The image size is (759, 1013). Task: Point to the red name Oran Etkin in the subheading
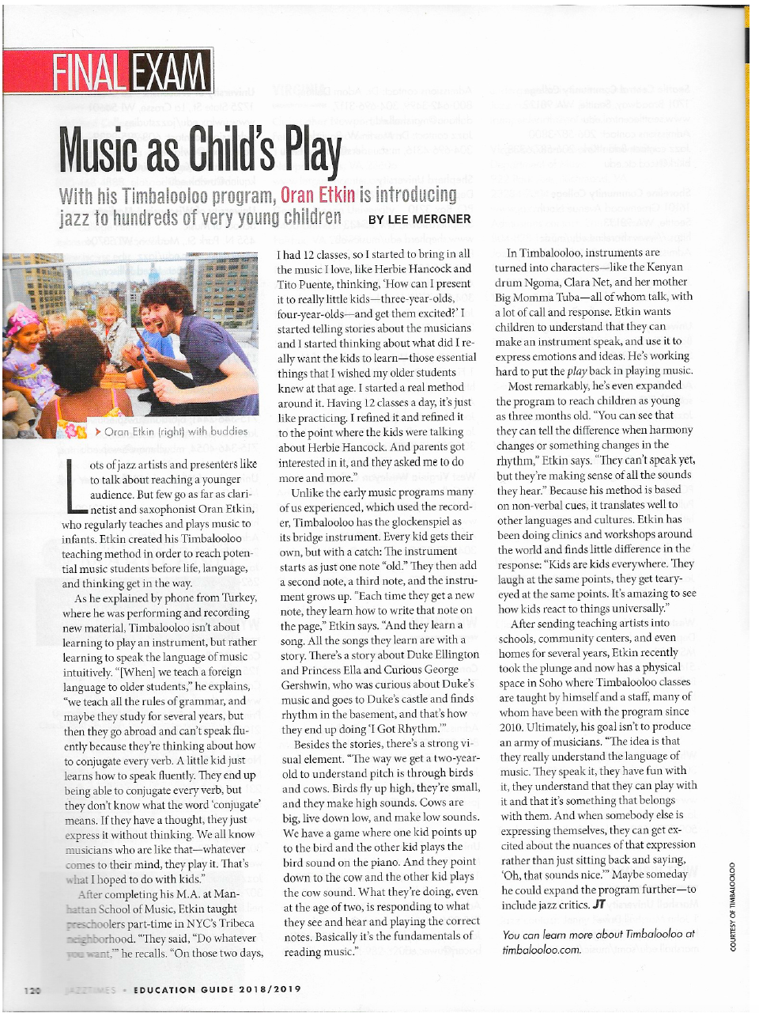tap(317, 194)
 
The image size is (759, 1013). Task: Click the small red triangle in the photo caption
tap(97, 431)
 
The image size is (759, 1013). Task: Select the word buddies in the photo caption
tap(228, 431)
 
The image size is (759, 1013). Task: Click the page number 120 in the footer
tap(32, 989)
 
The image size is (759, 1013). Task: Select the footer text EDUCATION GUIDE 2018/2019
tap(217, 989)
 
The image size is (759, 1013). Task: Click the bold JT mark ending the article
tap(600, 905)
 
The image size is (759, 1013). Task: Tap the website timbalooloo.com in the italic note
tap(542, 949)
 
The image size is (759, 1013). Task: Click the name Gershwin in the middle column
tap(306, 684)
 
